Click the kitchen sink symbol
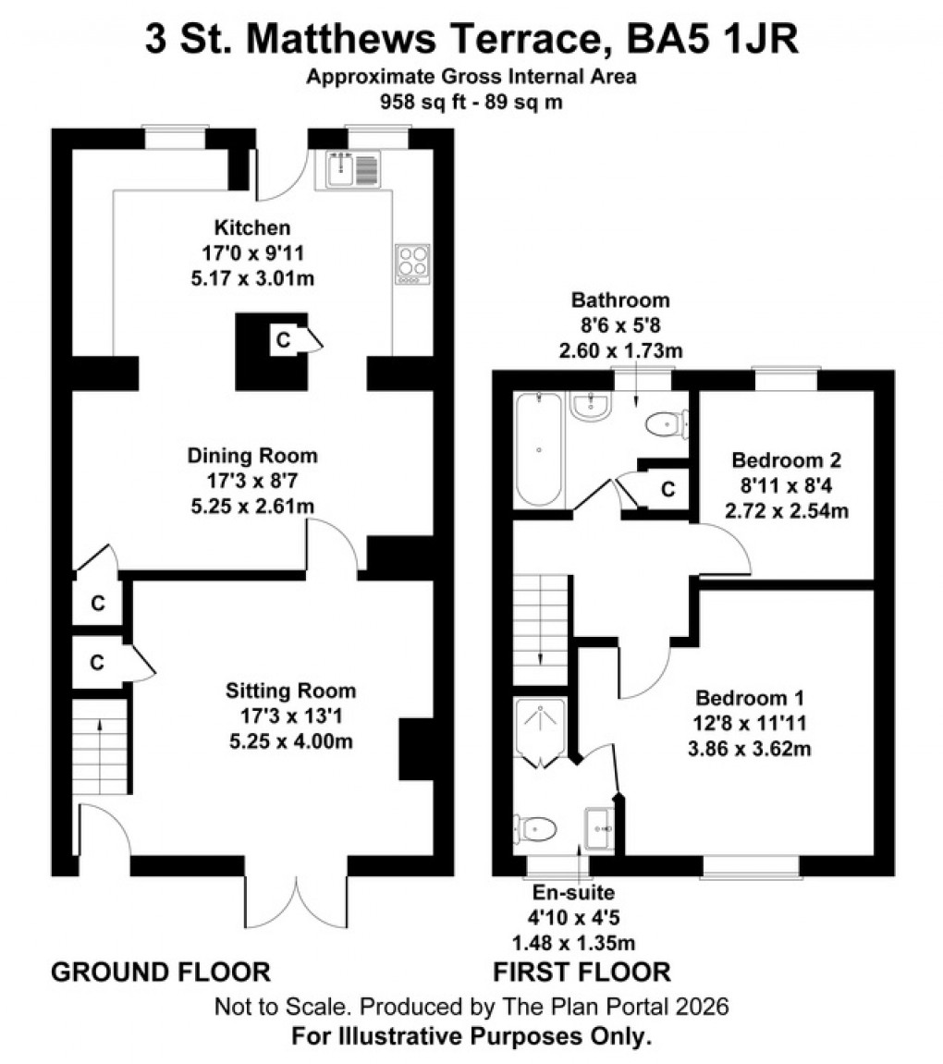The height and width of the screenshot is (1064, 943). coord(352,170)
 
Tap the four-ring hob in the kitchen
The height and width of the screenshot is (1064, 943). coord(412,263)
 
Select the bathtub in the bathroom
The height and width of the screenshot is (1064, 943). coord(537,449)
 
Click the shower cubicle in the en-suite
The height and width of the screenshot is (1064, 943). coord(541,732)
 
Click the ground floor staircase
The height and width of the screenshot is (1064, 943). coord(100,747)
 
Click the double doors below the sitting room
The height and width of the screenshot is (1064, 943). coord(297,901)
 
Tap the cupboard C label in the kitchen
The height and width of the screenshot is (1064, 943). coord(282,340)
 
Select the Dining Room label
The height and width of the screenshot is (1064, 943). coord(252,456)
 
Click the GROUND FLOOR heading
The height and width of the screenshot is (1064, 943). coord(160,972)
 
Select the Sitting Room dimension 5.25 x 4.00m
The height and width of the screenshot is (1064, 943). coord(291,740)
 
